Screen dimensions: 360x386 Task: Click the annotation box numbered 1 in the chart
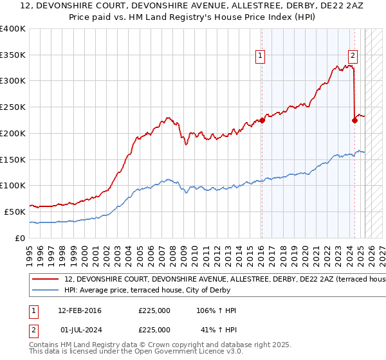click(x=261, y=56)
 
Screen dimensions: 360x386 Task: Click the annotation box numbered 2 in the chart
click(x=353, y=56)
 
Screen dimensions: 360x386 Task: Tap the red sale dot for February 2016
click(x=262, y=120)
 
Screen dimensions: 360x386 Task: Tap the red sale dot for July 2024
click(x=354, y=120)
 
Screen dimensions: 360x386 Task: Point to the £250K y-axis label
click(x=13, y=107)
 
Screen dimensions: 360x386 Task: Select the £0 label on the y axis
click(x=21, y=237)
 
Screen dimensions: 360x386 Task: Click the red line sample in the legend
click(x=45, y=280)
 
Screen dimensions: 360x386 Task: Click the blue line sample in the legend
click(x=45, y=290)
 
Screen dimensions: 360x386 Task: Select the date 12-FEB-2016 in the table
click(x=80, y=310)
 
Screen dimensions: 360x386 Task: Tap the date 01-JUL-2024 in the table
click(x=82, y=329)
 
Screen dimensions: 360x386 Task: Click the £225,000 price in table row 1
click(x=154, y=310)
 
